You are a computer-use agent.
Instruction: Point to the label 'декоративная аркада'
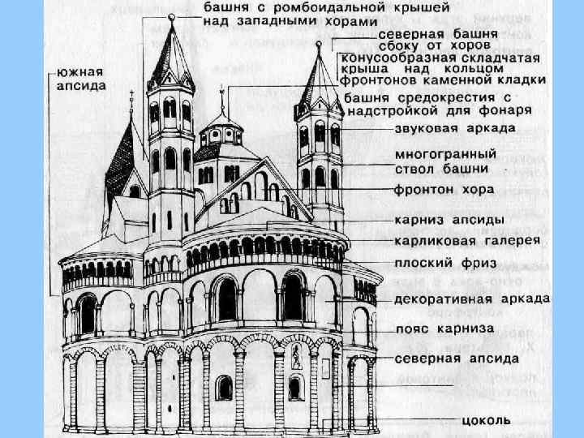pos(471,298)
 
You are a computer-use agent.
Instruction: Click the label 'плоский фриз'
pos(445,264)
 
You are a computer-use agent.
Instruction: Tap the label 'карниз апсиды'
pos(448,219)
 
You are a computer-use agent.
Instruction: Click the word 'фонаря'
pos(504,108)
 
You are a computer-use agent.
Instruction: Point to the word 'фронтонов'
pos(378,81)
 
